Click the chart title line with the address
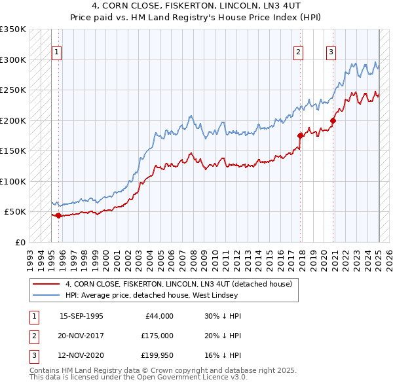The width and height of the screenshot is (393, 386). point(196,7)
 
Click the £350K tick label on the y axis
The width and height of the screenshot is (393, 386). point(13,29)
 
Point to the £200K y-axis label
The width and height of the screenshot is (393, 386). point(13,120)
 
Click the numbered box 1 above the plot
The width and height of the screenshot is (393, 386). point(56,53)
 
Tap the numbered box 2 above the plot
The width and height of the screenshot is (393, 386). point(298,53)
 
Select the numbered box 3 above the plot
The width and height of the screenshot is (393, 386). point(331,53)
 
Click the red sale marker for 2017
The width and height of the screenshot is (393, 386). point(301,135)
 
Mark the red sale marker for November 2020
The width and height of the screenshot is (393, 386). point(333,120)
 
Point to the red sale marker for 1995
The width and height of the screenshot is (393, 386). point(59,215)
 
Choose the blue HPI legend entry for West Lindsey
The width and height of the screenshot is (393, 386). point(164,296)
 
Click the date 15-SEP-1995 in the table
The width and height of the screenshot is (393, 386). point(81,316)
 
